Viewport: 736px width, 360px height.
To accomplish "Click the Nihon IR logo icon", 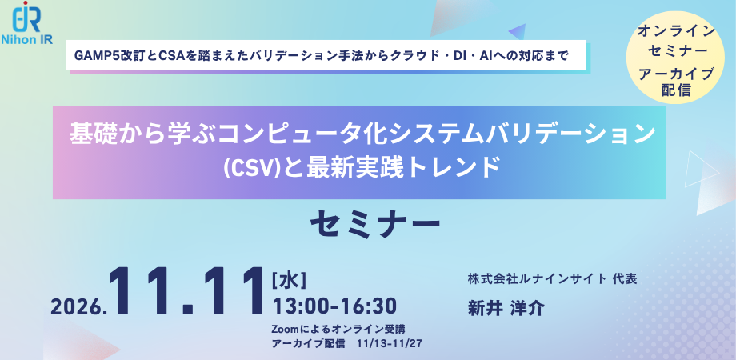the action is [27, 17].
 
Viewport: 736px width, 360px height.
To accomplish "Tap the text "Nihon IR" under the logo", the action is [27, 39].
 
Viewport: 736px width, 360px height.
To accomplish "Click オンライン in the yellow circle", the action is [676, 32].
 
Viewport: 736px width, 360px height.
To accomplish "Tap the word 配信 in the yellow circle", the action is [676, 90].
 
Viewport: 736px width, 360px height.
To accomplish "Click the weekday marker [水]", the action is [289, 281].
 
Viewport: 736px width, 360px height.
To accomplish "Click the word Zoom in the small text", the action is [285, 328].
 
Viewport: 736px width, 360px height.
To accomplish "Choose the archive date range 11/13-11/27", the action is [389, 343].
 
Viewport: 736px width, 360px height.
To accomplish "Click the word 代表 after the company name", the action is [625, 279].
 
